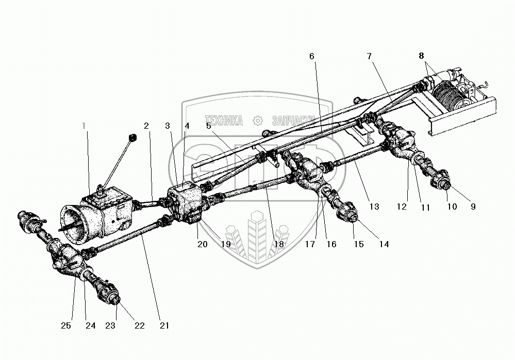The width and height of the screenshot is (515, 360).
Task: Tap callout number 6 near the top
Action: coord(311,56)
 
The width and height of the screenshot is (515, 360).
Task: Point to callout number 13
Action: coord(374,207)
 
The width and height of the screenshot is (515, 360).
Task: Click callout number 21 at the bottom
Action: coord(164,325)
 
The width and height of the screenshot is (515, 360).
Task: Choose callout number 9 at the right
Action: coord(473,207)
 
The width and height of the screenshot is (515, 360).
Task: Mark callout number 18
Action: coord(279,244)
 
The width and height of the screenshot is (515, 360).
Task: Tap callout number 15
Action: coord(358,244)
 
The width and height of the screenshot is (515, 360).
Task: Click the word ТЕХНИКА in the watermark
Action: coord(224,121)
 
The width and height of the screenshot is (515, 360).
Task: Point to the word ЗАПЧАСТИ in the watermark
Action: coord(291,121)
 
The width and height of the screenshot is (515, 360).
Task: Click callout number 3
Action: coord(168,125)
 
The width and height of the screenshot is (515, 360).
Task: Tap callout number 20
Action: coord(202,244)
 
